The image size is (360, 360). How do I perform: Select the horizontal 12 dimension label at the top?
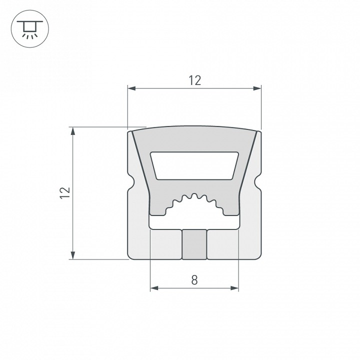pos(194,80)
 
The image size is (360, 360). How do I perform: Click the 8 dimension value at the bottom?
pos(194,280)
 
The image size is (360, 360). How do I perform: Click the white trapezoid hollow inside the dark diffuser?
pos(194,165)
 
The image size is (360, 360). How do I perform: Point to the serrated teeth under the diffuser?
pos(194,200)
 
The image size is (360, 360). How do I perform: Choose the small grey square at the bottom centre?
pos(194,244)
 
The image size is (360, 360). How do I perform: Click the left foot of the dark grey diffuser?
pos(158,210)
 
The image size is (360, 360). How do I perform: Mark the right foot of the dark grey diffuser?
pos(230,210)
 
